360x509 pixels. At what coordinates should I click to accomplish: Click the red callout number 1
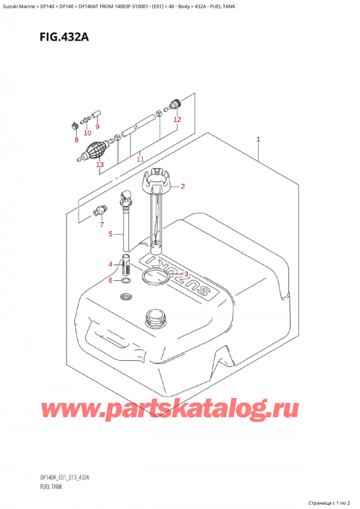pos(257,140)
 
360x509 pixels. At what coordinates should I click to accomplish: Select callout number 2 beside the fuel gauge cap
pos(182,186)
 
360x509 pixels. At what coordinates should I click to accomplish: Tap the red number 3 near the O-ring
pos(187,275)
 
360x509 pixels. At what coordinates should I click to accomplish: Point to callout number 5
pos(110,234)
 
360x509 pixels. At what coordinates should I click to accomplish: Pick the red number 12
pos(177,119)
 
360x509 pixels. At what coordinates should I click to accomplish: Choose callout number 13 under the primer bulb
pos(100,164)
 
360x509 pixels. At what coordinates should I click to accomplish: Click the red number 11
pos(140,159)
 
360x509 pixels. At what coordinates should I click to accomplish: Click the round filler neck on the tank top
pos(155,317)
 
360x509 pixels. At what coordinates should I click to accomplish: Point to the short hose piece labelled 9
pos(96,113)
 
